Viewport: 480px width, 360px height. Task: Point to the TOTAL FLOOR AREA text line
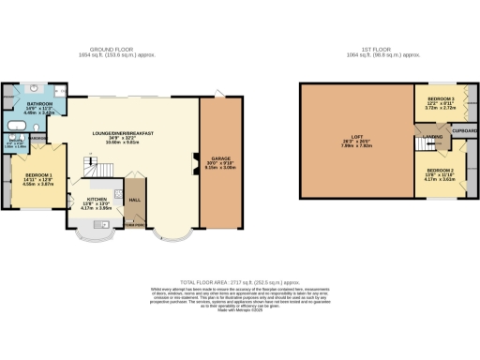coord(240,280)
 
